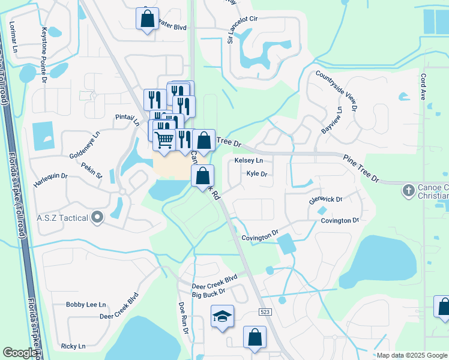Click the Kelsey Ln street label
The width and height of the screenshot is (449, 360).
click(249, 161)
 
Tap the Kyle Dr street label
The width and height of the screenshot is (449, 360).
click(256, 174)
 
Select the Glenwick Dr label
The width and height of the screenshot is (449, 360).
click(325, 199)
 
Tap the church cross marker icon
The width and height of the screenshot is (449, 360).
click(408, 191)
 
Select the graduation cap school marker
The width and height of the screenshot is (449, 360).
click(222, 316)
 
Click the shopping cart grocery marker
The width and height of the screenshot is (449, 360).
click(164, 140)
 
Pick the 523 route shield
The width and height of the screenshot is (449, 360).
click(267, 312)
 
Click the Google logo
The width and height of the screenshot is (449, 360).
click(20, 353)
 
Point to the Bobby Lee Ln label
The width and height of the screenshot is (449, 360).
click(86, 305)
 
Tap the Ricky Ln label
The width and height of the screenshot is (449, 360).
click(73, 346)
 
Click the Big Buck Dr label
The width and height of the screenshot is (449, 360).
click(208, 291)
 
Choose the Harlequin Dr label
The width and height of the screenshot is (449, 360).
click(50, 181)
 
